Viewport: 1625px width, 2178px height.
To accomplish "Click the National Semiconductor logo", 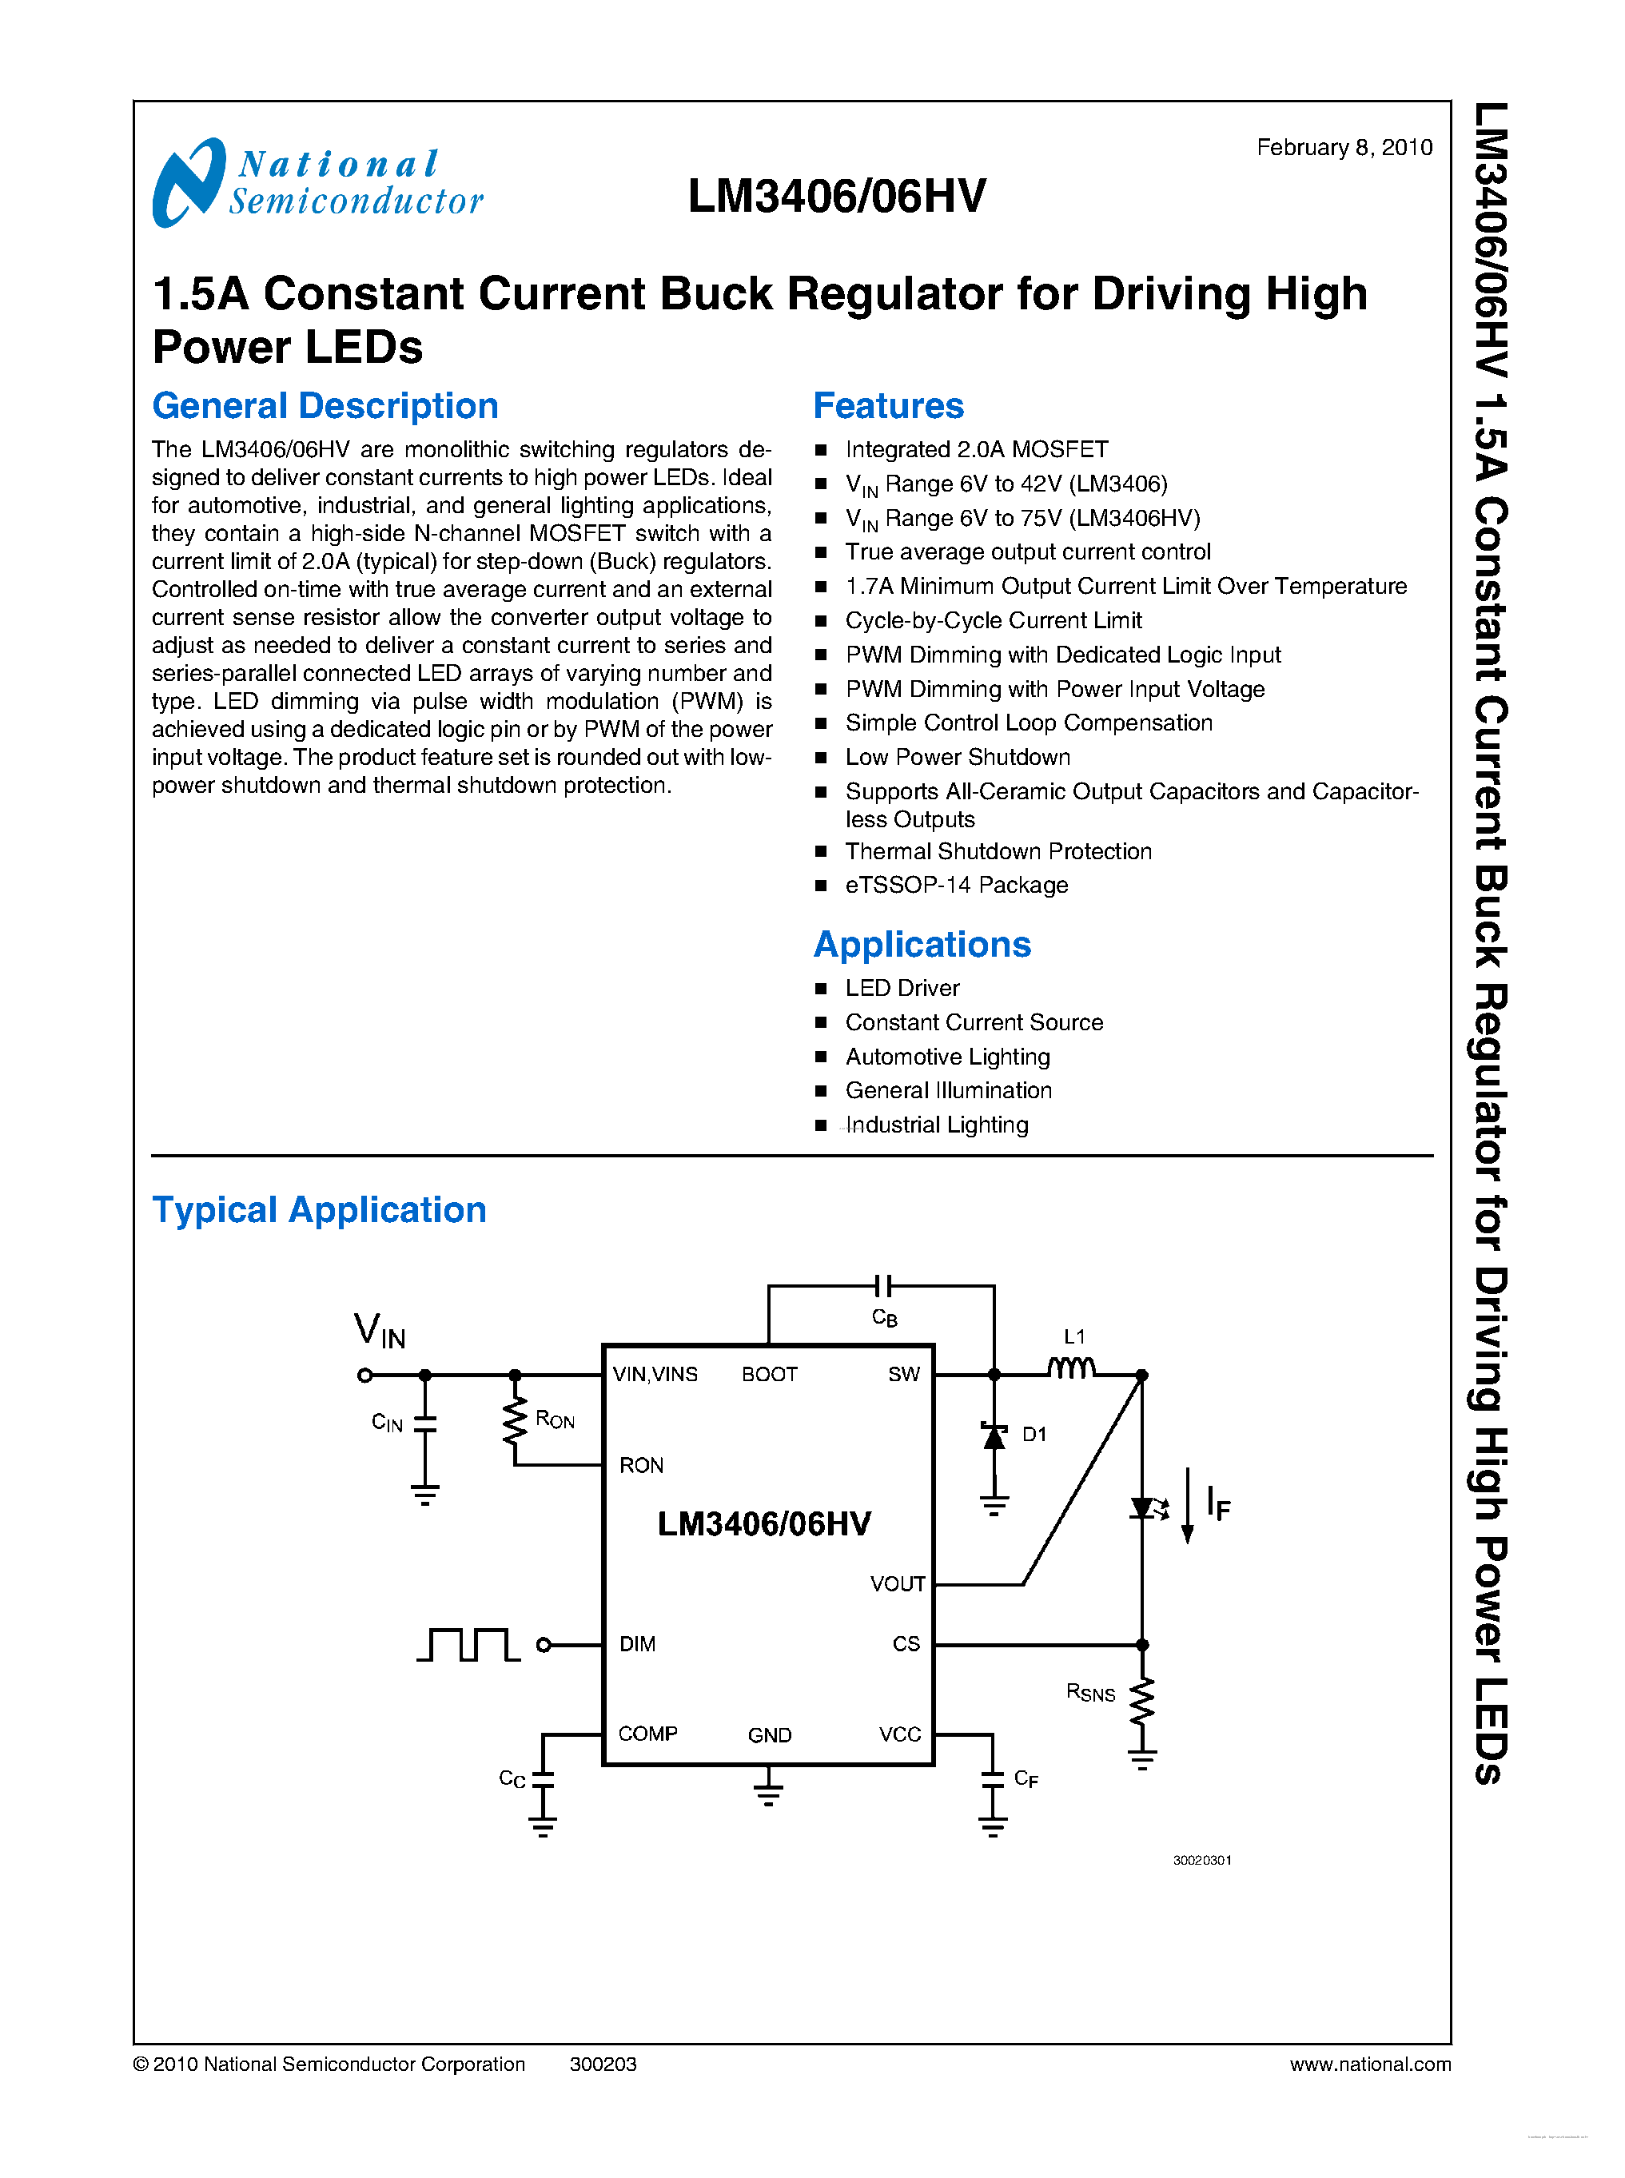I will (x=317, y=183).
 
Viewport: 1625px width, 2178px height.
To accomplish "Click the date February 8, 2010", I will (x=1344, y=148).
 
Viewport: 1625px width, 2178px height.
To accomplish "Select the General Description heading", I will (x=325, y=405).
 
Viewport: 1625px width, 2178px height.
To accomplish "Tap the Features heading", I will (x=887, y=405).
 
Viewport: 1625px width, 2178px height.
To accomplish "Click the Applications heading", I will (x=922, y=945).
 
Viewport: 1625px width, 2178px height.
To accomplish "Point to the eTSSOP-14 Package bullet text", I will (x=956, y=886).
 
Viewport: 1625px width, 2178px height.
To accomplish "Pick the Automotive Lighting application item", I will (x=947, y=1057).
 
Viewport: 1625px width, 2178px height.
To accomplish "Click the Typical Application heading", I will (x=319, y=1209).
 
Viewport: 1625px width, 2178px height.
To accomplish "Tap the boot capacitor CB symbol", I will (x=882, y=1286).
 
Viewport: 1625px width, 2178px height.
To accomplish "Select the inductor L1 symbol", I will (x=1071, y=1368).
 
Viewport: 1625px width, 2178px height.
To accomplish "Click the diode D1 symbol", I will (x=994, y=1436).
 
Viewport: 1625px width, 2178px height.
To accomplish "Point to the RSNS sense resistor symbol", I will (x=1141, y=1701).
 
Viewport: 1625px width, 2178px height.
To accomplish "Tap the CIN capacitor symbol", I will (x=425, y=1423).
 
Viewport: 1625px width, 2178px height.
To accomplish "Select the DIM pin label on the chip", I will (x=637, y=1644).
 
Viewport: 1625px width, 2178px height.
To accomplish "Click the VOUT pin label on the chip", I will (x=897, y=1584).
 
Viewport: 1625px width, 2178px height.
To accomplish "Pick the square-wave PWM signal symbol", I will (x=468, y=1644).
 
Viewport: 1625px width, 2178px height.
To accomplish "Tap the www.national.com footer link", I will (x=1369, y=2064).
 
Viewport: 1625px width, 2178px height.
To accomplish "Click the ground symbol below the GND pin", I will (x=768, y=1793).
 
